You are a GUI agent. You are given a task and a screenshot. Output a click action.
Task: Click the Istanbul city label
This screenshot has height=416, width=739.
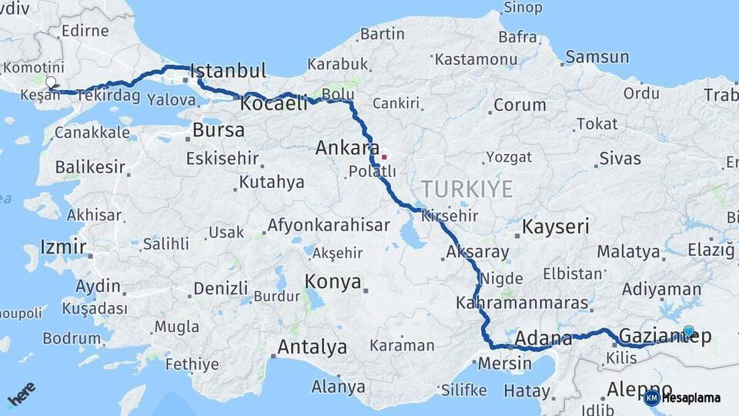(x=228, y=71)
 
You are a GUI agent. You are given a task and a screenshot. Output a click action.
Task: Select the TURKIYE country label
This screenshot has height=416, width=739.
(x=466, y=189)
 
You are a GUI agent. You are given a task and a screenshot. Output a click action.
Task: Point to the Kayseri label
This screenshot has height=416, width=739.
(x=556, y=226)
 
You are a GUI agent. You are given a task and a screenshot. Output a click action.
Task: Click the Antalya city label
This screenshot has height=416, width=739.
(x=312, y=347)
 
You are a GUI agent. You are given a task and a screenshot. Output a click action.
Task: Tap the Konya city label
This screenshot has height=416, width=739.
(x=333, y=282)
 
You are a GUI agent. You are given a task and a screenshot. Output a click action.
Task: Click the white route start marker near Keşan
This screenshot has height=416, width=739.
(x=51, y=82)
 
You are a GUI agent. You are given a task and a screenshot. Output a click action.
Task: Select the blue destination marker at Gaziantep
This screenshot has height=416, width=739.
(x=688, y=332)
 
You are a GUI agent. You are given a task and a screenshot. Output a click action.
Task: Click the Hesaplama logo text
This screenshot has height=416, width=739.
(x=691, y=398)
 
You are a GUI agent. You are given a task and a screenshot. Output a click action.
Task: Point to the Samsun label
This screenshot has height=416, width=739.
(x=597, y=57)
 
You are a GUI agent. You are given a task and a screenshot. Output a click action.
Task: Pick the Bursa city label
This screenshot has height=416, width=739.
(x=219, y=130)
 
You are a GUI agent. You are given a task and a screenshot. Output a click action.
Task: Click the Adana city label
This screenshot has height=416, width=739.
(x=543, y=338)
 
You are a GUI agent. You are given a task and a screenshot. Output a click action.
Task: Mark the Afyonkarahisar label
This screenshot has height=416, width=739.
(x=328, y=226)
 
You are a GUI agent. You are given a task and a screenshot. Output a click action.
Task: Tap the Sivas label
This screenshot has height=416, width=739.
(x=620, y=159)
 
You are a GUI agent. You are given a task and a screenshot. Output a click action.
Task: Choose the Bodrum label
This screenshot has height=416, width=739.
(x=72, y=338)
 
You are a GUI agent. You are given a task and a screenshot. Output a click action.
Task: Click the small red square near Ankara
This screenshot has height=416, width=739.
(x=384, y=157)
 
